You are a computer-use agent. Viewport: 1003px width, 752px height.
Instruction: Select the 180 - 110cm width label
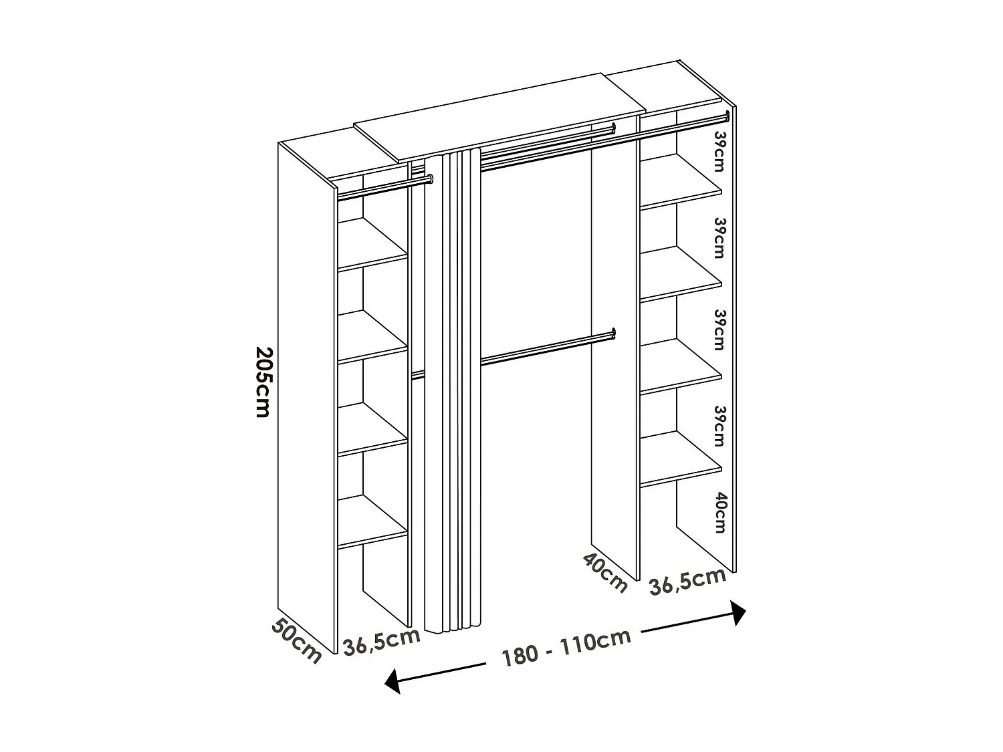(567, 648)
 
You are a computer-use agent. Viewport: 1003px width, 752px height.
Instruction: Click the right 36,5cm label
(687, 582)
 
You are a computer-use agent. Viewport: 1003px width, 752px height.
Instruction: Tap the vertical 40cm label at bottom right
(719, 513)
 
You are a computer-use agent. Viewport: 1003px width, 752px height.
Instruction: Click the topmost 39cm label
(719, 150)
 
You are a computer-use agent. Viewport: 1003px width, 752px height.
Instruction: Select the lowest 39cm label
(719, 425)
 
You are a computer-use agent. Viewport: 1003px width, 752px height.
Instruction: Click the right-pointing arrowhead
(738, 612)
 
